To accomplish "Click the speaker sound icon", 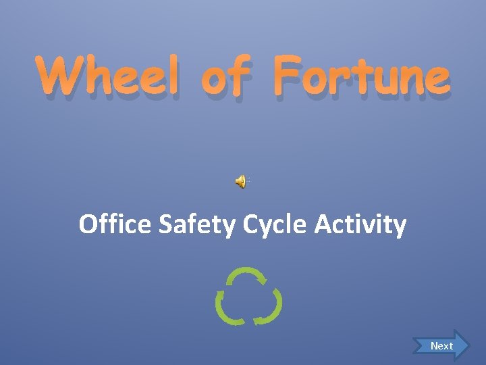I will (x=240, y=180).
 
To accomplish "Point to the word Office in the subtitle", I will (x=115, y=224).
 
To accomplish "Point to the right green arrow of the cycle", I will (x=272, y=308).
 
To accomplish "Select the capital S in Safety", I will (x=165, y=224).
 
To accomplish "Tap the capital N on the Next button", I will (x=434, y=345).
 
